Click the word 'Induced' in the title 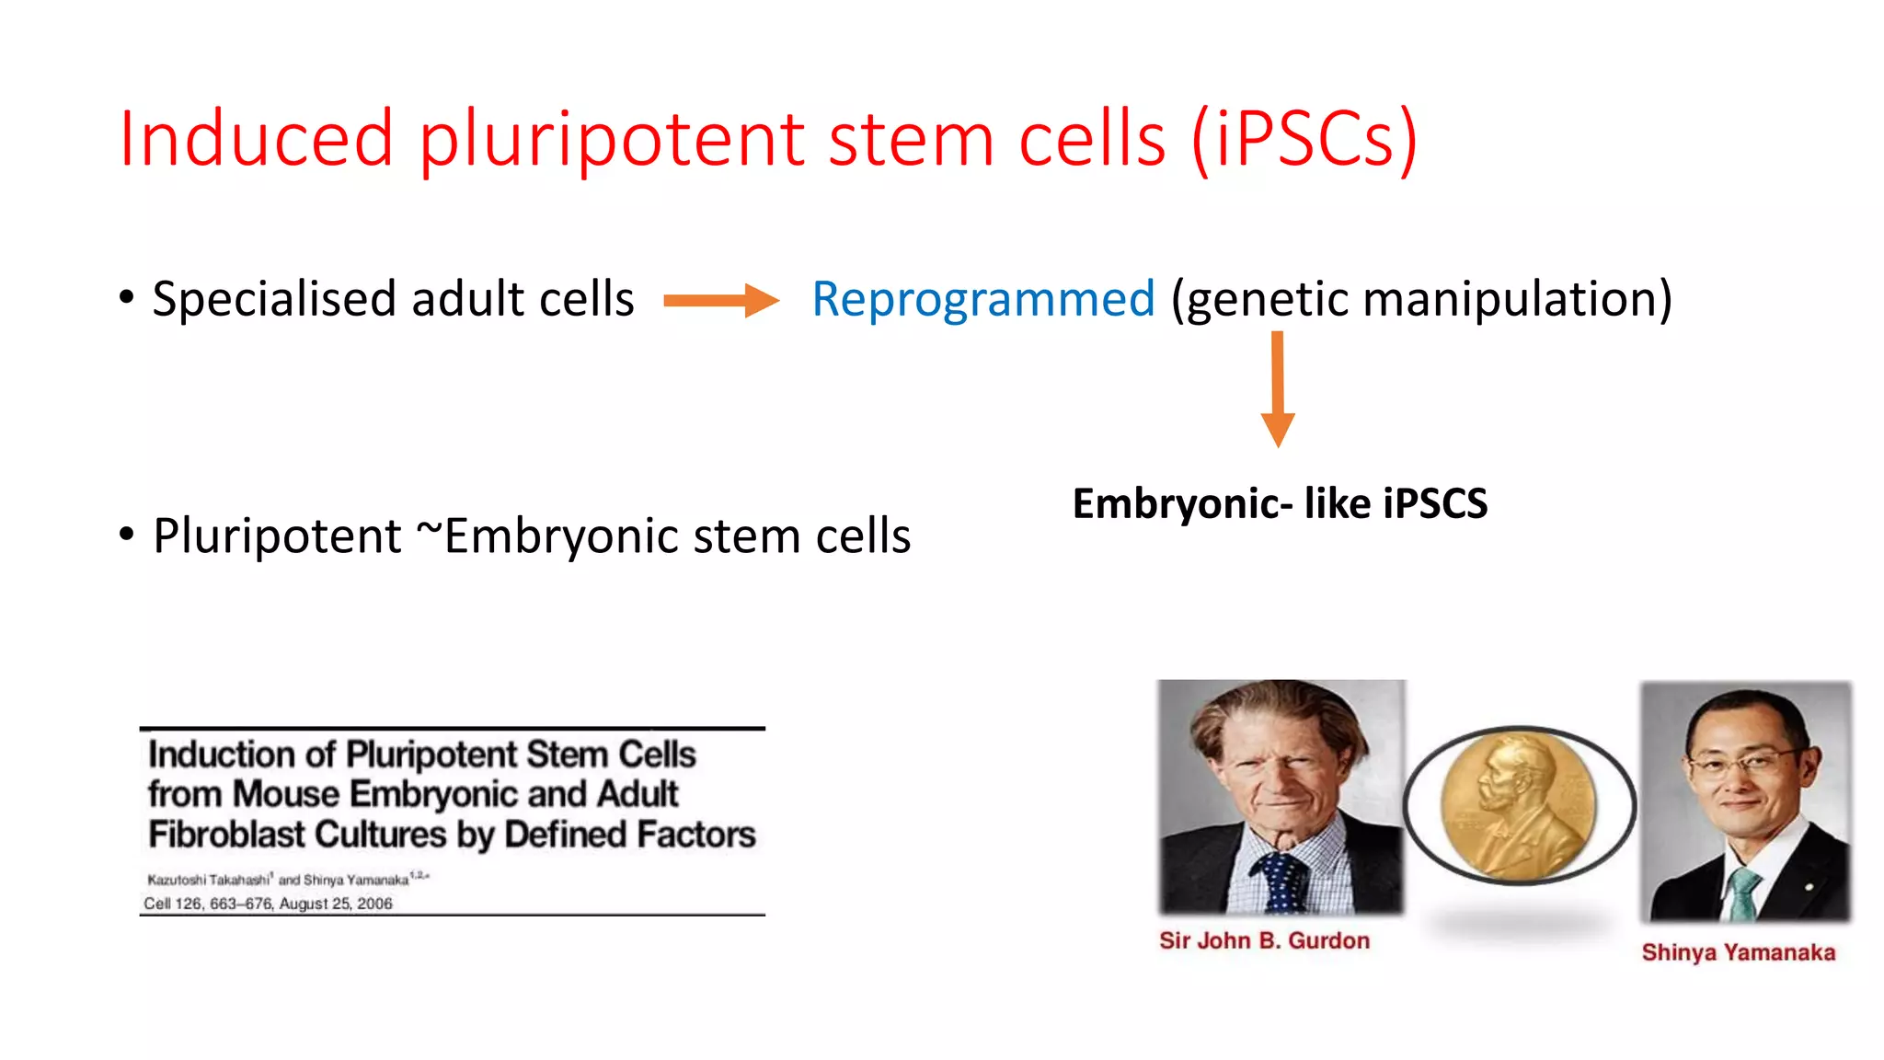pos(257,139)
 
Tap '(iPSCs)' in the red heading pos(1304,139)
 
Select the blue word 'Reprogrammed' pos(982,299)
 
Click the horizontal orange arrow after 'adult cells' pos(720,300)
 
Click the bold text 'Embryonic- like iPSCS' pos(1280,503)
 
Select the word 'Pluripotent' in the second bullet pos(277,536)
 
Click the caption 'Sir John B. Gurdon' pos(1264,940)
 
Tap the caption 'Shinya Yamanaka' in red pos(1738,952)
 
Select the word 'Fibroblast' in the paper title pos(225,835)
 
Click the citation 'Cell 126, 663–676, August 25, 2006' pos(268,904)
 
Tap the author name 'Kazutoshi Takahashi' pos(208,880)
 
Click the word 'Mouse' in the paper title pos(286,794)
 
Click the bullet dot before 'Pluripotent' pos(127,534)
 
